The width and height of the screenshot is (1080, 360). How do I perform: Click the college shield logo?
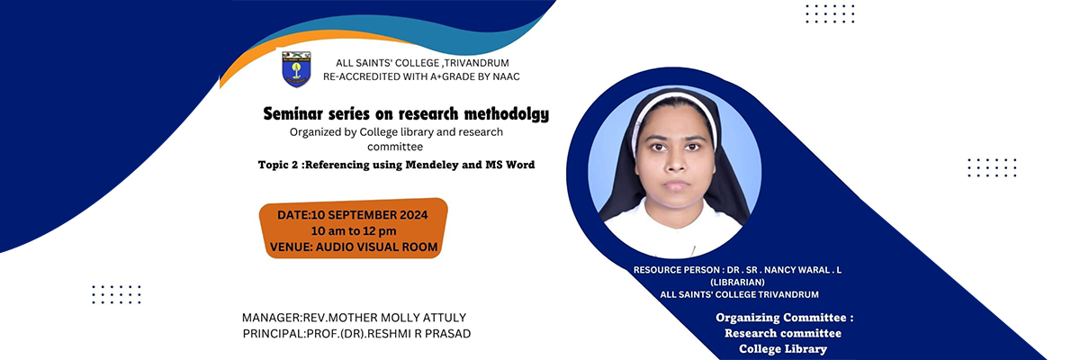[x=296, y=69]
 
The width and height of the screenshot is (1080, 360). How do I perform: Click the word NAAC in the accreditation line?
[x=506, y=76]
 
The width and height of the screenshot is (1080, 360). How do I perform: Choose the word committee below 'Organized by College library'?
[x=395, y=147]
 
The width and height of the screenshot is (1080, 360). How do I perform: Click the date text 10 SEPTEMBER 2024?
[x=369, y=215]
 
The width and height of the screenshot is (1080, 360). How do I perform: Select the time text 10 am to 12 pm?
[x=354, y=230]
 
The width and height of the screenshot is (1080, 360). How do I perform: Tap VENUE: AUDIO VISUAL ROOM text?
[x=354, y=247]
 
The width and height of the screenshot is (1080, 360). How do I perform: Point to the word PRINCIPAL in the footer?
[x=274, y=334]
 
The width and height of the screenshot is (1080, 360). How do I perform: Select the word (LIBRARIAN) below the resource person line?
[x=737, y=283]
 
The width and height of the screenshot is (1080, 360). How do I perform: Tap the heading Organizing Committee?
[x=785, y=318]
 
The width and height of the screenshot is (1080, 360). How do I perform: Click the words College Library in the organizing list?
[x=783, y=349]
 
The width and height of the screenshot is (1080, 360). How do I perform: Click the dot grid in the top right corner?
[x=830, y=14]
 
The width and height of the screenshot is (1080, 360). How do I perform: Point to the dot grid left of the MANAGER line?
[x=116, y=294]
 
